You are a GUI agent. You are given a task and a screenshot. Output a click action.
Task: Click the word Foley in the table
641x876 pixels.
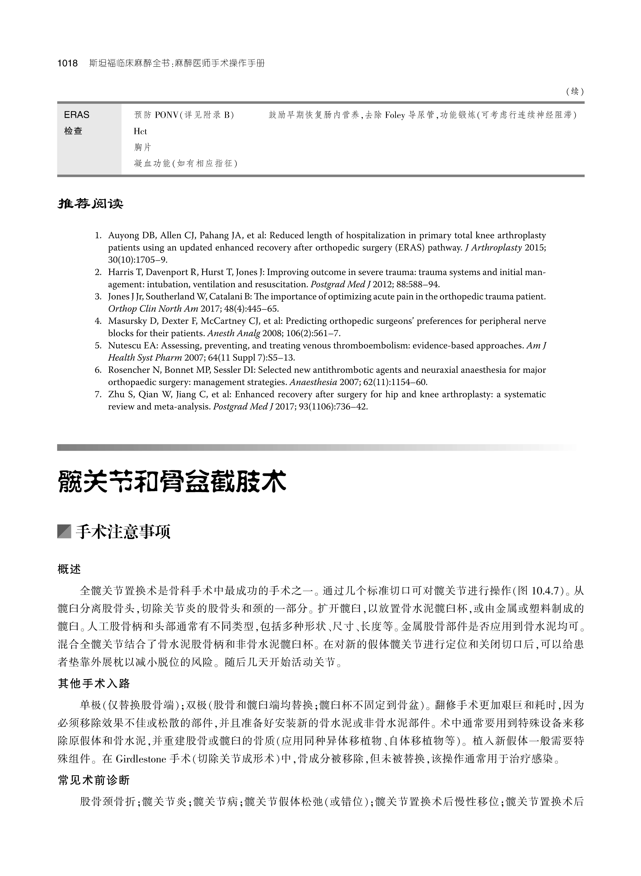(395, 115)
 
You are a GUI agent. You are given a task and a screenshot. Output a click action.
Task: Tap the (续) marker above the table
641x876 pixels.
(575, 92)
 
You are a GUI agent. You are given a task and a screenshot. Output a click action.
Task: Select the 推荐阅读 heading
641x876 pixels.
(90, 203)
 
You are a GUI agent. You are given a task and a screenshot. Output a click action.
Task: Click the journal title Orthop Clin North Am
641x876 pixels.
(153, 309)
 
